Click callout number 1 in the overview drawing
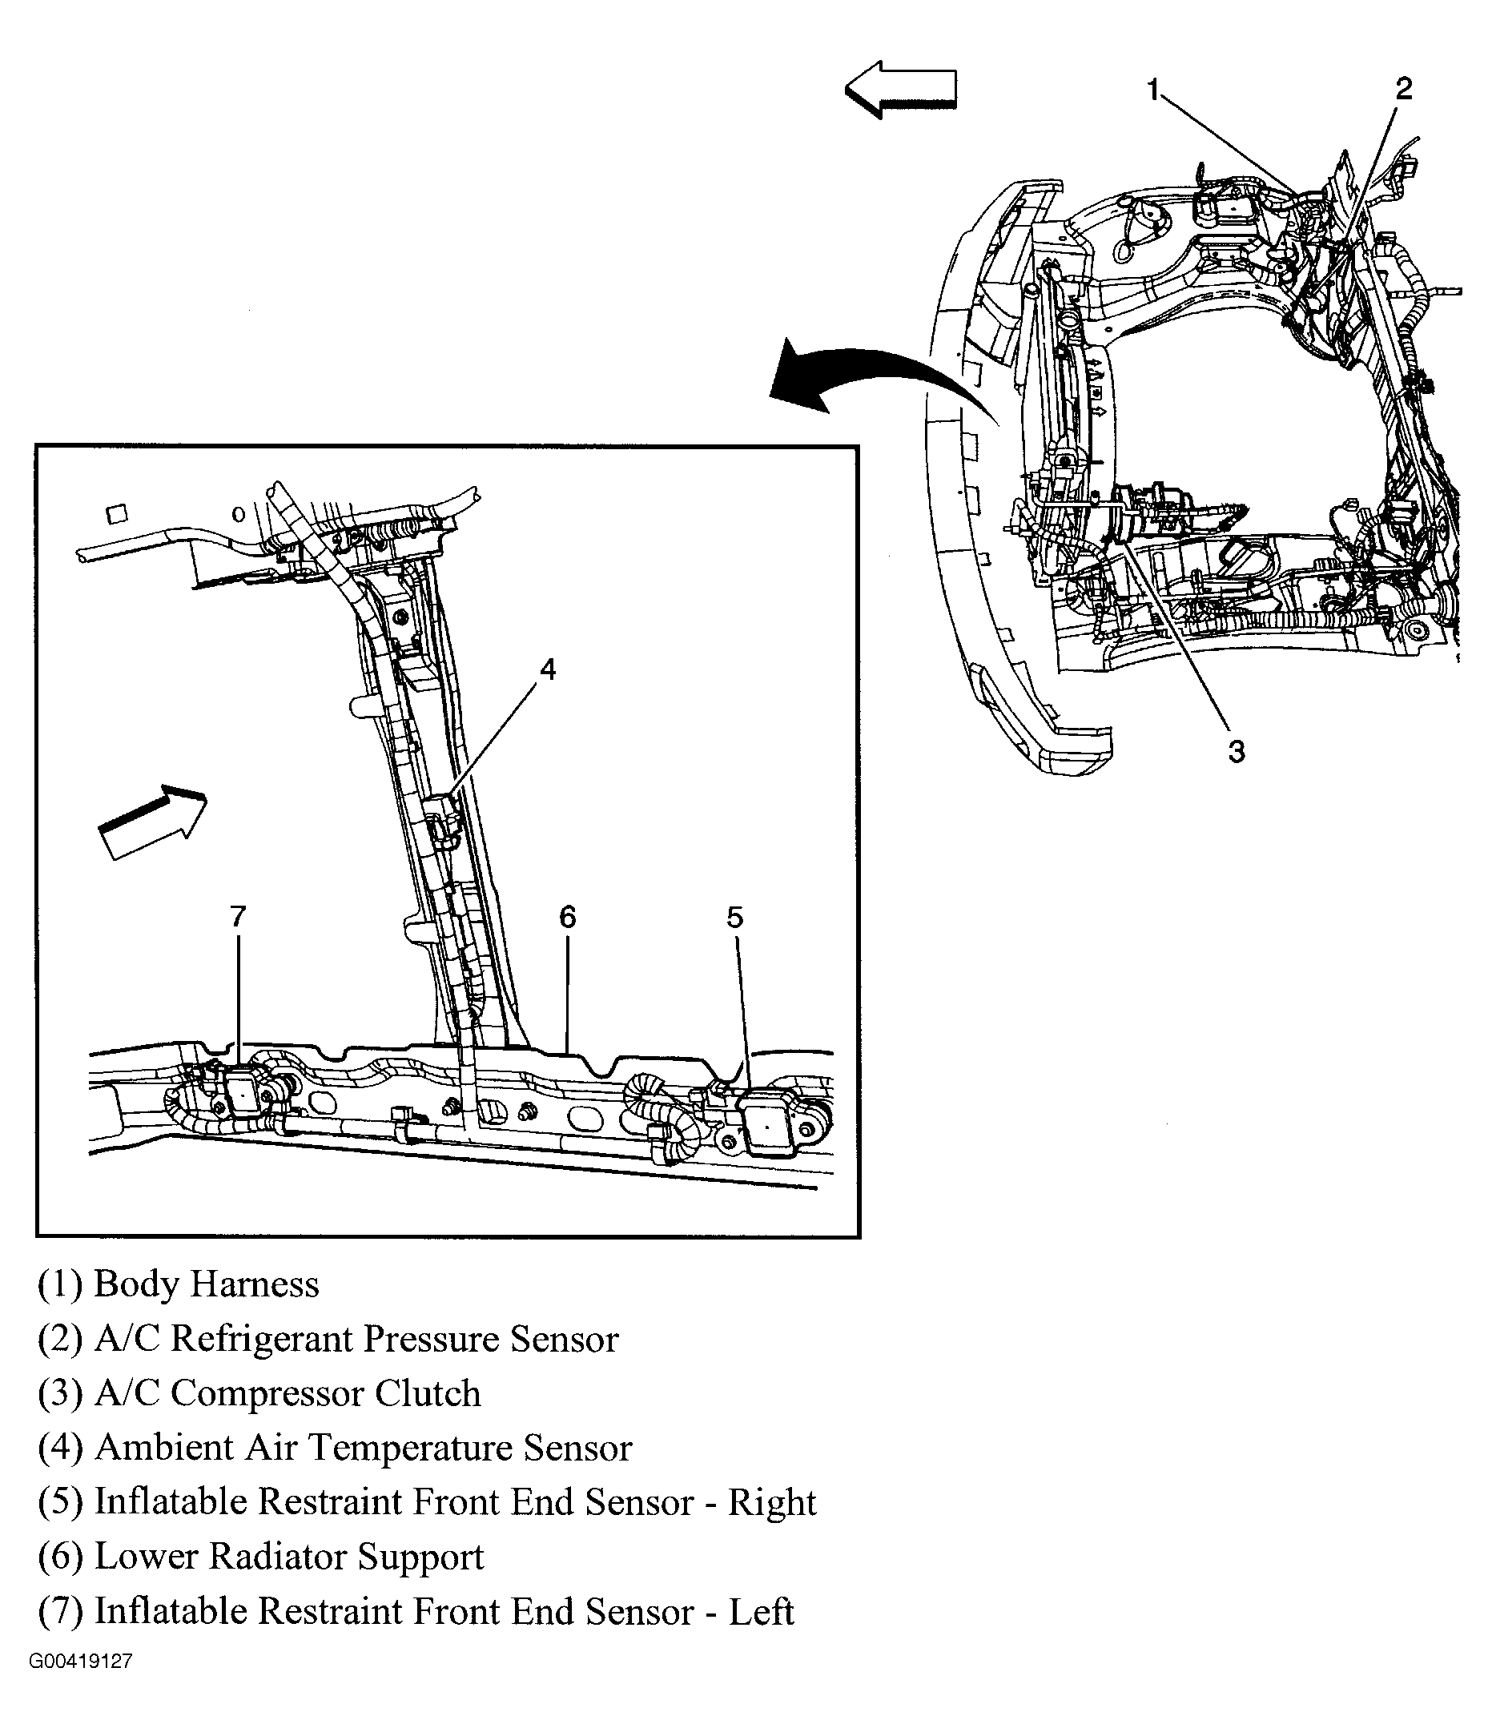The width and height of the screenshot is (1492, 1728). tap(1153, 89)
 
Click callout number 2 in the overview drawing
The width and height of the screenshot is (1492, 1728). tap(1404, 88)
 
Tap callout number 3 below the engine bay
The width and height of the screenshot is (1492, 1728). tap(1236, 751)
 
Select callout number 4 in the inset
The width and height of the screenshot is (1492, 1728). tap(547, 669)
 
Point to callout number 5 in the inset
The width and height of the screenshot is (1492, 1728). tap(734, 918)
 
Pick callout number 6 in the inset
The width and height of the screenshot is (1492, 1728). tap(567, 918)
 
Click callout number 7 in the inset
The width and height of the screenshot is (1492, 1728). tap(239, 918)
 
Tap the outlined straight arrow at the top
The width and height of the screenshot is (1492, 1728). tap(901, 88)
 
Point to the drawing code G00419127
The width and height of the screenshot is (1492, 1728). tap(80, 1684)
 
